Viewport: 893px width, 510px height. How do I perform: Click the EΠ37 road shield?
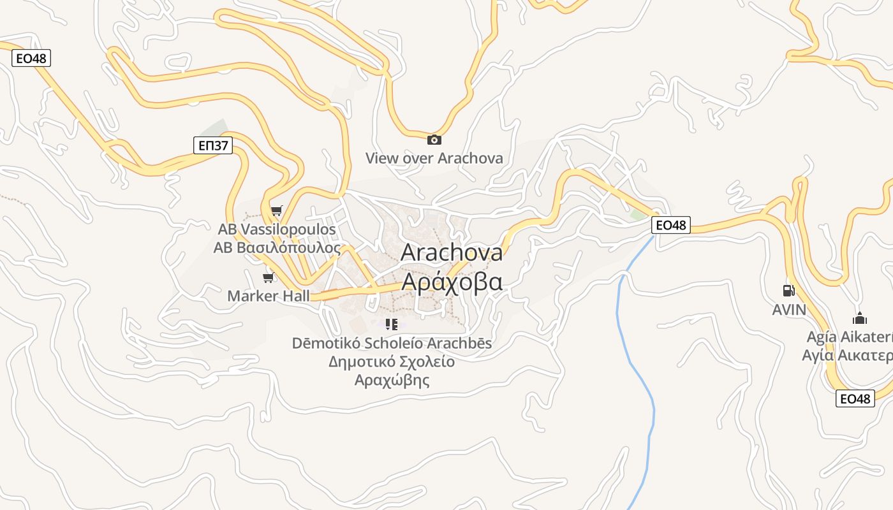click(213, 146)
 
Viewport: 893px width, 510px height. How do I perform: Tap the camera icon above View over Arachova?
click(434, 140)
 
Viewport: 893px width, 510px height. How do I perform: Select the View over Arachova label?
click(434, 158)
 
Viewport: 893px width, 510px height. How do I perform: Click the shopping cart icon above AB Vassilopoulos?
click(276, 210)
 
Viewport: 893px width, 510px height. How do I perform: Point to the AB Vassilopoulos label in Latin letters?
click(277, 229)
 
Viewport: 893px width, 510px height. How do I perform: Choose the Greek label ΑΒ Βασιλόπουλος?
click(277, 247)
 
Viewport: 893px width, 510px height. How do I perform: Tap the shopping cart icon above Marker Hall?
click(269, 277)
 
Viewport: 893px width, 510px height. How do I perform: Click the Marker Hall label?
click(269, 296)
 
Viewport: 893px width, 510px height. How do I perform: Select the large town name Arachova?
click(452, 252)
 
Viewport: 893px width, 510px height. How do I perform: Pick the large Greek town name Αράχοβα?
click(452, 281)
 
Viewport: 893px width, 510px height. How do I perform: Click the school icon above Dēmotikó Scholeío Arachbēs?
click(392, 324)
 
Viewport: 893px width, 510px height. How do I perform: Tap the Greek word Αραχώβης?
click(392, 381)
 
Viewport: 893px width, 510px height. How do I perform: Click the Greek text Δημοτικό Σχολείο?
click(392, 362)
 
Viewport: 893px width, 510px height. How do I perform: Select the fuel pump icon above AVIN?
click(789, 291)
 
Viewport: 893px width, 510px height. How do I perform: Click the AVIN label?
click(789, 310)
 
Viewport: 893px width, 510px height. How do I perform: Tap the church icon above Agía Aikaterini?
click(860, 318)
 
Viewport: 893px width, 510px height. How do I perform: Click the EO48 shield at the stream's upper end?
click(671, 225)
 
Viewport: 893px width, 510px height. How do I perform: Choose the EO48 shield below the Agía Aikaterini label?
click(855, 399)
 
